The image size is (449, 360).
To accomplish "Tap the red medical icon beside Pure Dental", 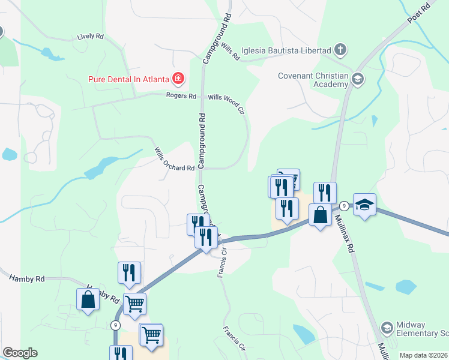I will coord(178,78).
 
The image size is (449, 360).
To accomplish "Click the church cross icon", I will coord(340,50).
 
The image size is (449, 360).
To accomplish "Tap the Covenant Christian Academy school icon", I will coord(358,79).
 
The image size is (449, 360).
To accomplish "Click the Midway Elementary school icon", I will coord(387,328).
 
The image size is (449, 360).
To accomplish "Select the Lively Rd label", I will coord(90,37).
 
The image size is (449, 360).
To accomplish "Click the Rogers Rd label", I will coord(181,96).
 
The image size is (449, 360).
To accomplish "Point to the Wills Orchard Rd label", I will coord(174,159).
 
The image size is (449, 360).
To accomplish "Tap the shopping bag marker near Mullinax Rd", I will coord(321,215).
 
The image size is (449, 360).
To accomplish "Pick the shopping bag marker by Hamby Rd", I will coord(88,300).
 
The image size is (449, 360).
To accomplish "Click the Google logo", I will coord(20,353).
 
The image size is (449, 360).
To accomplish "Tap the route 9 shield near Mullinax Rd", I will coord(343,206).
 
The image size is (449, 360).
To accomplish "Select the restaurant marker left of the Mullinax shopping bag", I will coord(287,208).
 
